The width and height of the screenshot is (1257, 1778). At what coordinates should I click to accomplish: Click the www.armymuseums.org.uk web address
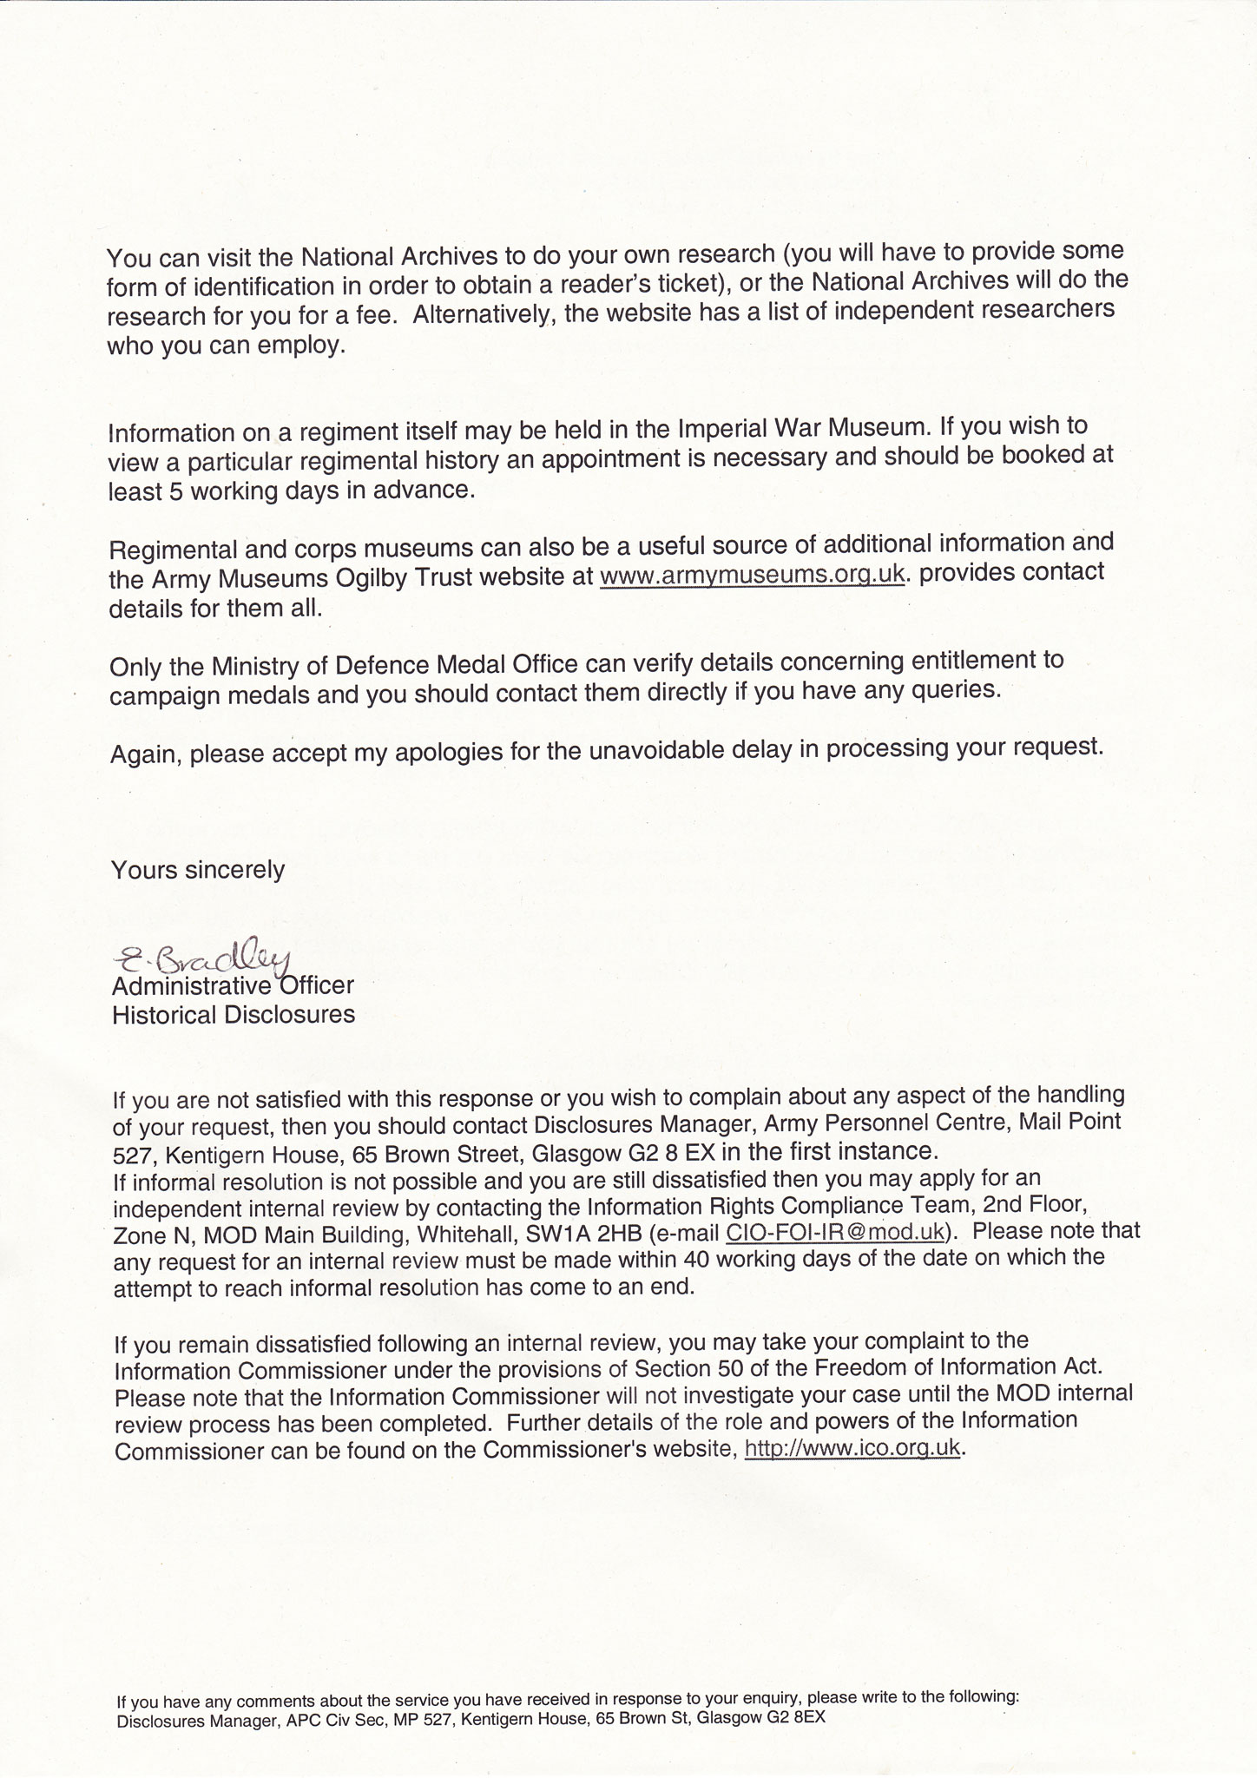[753, 576]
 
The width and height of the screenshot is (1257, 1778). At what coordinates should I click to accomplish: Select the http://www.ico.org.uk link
[852, 1449]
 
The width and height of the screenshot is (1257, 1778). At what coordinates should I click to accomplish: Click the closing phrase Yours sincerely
[198, 870]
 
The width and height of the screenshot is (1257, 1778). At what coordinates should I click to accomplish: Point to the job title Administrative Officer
[233, 986]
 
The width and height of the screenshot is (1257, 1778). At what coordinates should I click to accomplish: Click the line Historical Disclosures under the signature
[234, 1015]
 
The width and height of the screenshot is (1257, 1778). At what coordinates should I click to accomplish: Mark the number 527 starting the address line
[132, 1156]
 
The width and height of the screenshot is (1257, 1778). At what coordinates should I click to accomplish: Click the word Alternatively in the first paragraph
[483, 314]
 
